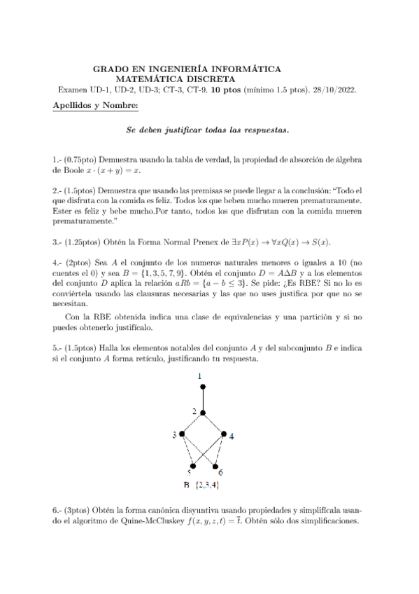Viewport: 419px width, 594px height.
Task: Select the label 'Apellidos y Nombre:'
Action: pos(95,105)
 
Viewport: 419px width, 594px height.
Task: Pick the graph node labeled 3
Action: pos(182,435)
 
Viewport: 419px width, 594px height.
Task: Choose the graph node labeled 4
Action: pos(224,435)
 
